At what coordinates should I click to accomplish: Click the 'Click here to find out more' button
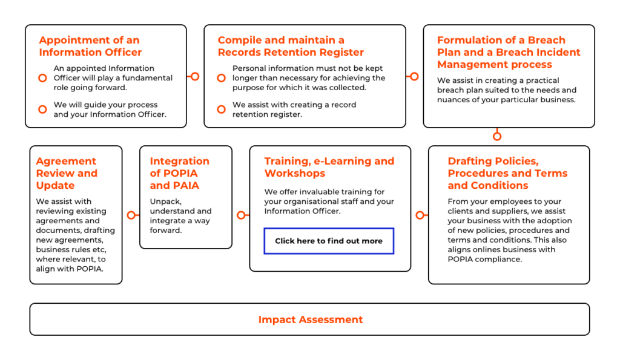click(329, 241)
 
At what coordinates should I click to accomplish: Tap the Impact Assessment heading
click(311, 319)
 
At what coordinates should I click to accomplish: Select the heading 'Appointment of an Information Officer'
click(90, 46)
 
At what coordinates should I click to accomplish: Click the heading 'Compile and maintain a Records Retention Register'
click(291, 46)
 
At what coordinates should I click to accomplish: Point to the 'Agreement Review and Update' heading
click(67, 173)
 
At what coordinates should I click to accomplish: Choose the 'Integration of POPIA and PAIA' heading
click(179, 173)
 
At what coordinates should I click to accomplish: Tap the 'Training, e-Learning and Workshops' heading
click(329, 167)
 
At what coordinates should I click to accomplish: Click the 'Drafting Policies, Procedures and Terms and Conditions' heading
click(507, 173)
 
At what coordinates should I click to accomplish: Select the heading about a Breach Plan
click(509, 52)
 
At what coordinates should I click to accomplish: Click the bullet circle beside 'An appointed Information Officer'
click(43, 78)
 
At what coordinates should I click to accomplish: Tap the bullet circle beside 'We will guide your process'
click(43, 110)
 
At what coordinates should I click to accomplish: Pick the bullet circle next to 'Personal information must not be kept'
click(222, 78)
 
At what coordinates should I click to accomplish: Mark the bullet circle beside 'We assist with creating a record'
click(222, 110)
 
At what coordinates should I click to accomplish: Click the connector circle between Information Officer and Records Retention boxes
click(195, 76)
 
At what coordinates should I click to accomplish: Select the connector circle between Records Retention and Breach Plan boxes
click(414, 76)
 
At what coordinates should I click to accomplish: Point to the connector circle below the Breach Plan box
click(497, 136)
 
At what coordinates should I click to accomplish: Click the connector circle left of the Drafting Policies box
click(420, 215)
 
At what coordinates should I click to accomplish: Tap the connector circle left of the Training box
click(241, 215)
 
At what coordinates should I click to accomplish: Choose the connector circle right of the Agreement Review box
click(131, 215)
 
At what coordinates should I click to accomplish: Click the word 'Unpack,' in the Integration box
click(166, 201)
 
